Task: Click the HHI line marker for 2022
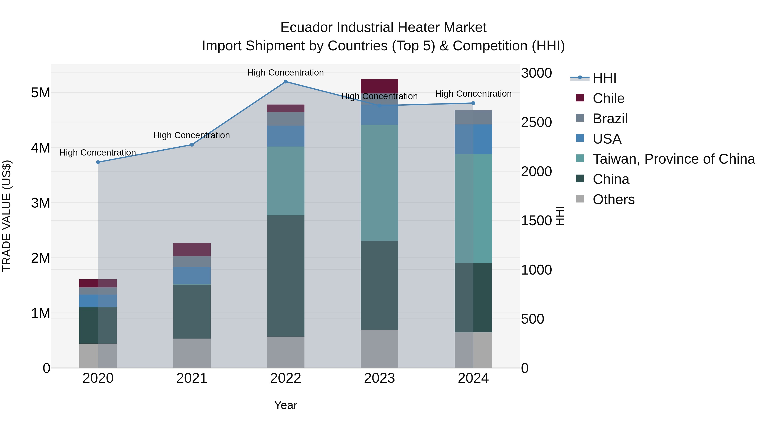(x=285, y=82)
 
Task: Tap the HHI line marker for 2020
(x=98, y=162)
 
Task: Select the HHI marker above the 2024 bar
(x=473, y=103)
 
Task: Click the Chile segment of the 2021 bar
(x=192, y=250)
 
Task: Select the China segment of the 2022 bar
(x=285, y=276)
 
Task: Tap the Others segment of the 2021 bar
(x=192, y=353)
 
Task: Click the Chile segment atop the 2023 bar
(x=379, y=86)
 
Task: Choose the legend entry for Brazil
(x=610, y=119)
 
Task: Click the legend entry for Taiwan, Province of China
(x=673, y=159)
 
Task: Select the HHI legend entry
(x=604, y=78)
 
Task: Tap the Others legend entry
(x=613, y=199)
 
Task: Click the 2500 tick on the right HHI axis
(x=536, y=122)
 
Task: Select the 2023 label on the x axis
(x=379, y=378)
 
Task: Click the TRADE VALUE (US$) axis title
(x=7, y=216)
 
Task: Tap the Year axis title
(x=285, y=405)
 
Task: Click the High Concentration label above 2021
(x=192, y=135)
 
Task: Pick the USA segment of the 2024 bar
(x=473, y=139)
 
